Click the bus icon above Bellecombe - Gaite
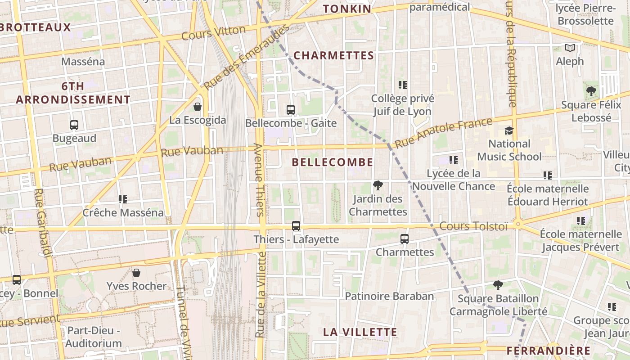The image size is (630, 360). coord(291,109)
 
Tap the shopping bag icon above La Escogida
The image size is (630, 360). coord(197,107)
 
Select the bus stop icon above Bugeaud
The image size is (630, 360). coord(74,125)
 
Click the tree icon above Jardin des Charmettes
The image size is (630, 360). coord(378,185)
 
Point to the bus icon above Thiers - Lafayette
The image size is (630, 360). coord(296,226)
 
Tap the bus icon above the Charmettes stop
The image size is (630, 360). coord(405,239)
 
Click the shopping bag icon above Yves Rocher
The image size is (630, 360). coord(136,273)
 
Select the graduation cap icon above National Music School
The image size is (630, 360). coord(509,130)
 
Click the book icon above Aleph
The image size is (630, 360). coord(570,48)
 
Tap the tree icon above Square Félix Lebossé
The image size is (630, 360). coord(591,91)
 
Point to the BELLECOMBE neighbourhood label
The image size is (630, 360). coord(333,162)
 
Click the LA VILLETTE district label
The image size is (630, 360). coord(360,332)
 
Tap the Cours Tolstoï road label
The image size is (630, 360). coord(473,226)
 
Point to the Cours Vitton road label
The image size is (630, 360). coord(214,33)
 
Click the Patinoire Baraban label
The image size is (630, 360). coord(389,296)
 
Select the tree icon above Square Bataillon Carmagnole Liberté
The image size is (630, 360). coord(498,285)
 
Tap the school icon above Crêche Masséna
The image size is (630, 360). coord(123,199)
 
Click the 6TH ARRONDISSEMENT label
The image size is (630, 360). coord(73,93)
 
